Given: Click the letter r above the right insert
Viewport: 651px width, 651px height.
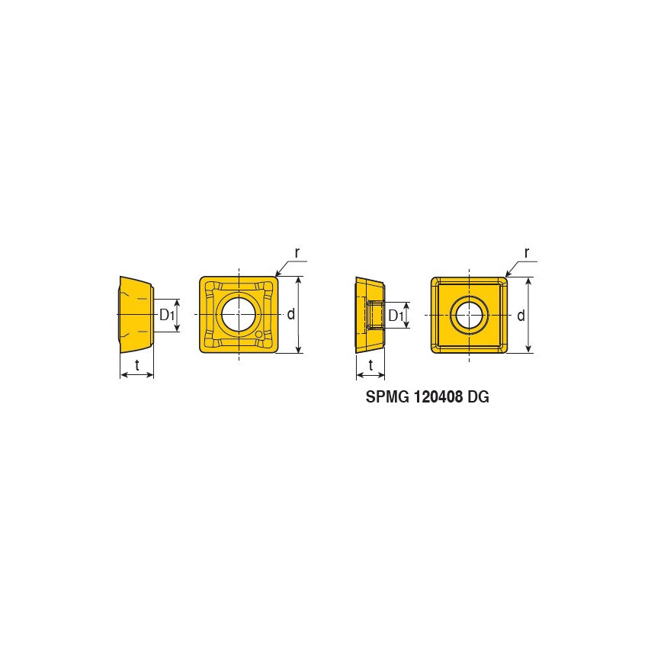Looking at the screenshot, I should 526,252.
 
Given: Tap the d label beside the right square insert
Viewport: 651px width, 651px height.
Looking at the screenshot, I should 521,315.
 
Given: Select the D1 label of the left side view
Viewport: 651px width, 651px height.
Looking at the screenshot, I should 167,315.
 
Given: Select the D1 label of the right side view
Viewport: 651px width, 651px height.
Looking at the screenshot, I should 396,315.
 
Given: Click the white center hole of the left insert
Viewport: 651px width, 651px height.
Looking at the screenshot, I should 239,314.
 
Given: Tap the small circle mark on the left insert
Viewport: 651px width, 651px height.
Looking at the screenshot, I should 261,334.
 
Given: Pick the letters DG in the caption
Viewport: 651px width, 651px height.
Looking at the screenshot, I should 479,398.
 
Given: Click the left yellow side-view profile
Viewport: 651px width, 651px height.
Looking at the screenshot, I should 133,314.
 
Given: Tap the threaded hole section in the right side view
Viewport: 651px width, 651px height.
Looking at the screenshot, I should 374,314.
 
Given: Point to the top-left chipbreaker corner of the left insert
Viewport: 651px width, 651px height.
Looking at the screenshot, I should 210,287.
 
